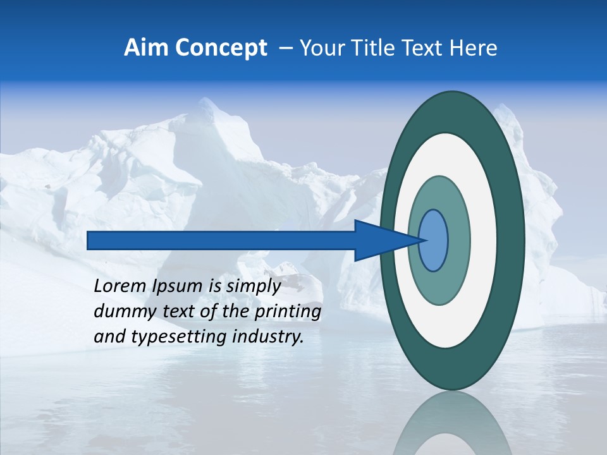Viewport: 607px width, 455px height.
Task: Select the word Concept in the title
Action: click(x=221, y=48)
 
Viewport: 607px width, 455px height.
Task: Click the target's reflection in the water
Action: click(x=453, y=427)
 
